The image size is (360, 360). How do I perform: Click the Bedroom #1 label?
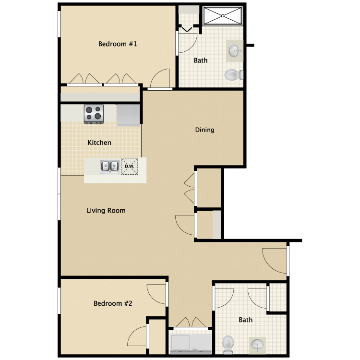pyautogui.click(x=118, y=44)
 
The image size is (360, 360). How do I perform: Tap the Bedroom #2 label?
pyautogui.click(x=113, y=303)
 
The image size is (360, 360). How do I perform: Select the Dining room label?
pyautogui.click(x=204, y=130)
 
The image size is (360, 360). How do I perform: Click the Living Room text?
pyautogui.click(x=106, y=210)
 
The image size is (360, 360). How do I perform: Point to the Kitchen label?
pyautogui.click(x=99, y=143)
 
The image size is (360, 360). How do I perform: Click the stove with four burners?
pyautogui.click(x=94, y=114)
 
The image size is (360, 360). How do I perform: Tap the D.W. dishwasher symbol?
pyautogui.click(x=129, y=166)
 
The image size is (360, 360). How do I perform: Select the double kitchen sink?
pyautogui.click(x=109, y=166)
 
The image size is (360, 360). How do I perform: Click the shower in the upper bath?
pyautogui.click(x=223, y=16)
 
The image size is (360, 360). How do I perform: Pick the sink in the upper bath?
pyautogui.click(x=235, y=51)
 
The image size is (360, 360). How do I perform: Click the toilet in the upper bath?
pyautogui.click(x=233, y=74)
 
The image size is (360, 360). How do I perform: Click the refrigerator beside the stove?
pyautogui.click(x=128, y=115)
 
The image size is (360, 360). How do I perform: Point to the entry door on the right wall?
pyautogui.click(x=288, y=261)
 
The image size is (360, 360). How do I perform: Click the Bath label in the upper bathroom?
pyautogui.click(x=201, y=60)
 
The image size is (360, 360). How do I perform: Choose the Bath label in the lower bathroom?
pyautogui.click(x=245, y=320)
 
